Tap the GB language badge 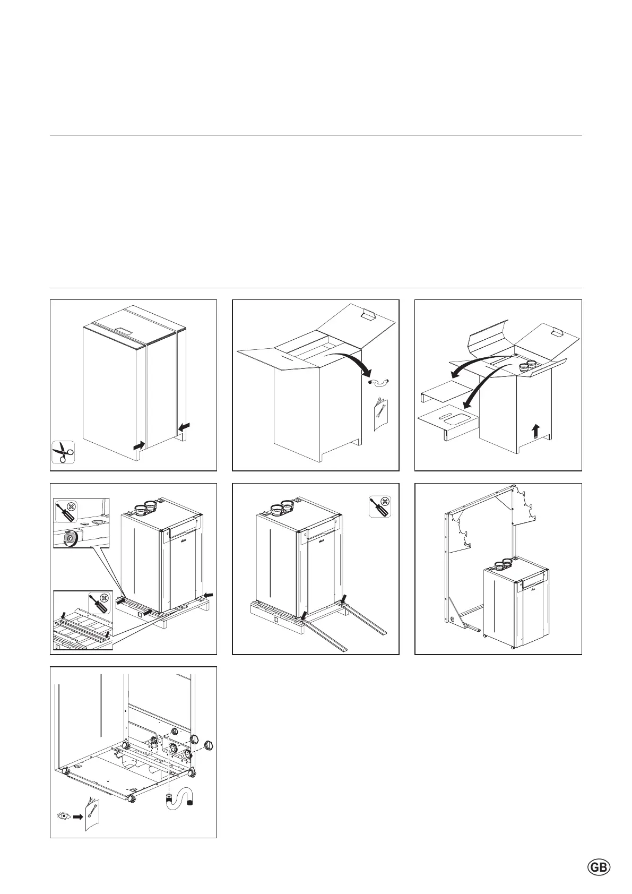click(x=599, y=867)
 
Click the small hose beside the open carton click(x=379, y=382)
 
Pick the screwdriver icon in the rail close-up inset click(x=98, y=603)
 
